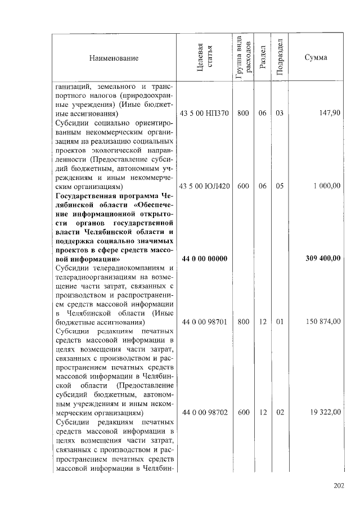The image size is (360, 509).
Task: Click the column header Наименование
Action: pos(112,58)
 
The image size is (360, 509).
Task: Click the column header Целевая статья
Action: pos(204,58)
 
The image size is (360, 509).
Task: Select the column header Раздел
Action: pos(262,58)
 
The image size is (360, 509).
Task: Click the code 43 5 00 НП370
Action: pos(204,113)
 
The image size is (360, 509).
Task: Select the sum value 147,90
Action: pos(329,113)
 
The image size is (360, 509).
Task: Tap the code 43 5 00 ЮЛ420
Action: pos(204,186)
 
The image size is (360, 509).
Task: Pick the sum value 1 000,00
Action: pos(326,186)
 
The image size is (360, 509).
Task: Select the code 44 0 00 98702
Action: pos(204,412)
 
